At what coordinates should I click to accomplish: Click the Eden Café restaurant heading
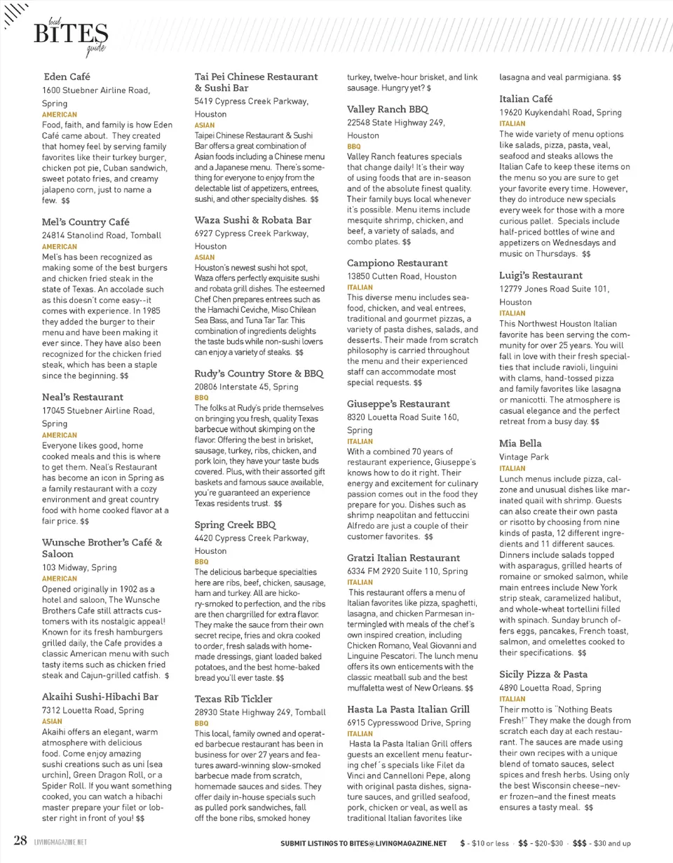coord(67,76)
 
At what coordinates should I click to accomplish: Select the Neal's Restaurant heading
coord(82,397)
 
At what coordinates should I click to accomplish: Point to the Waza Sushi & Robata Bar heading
coord(252,219)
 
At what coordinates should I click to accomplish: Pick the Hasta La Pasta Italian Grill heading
coord(409,709)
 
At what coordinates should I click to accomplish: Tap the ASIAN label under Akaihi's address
coord(53,720)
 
